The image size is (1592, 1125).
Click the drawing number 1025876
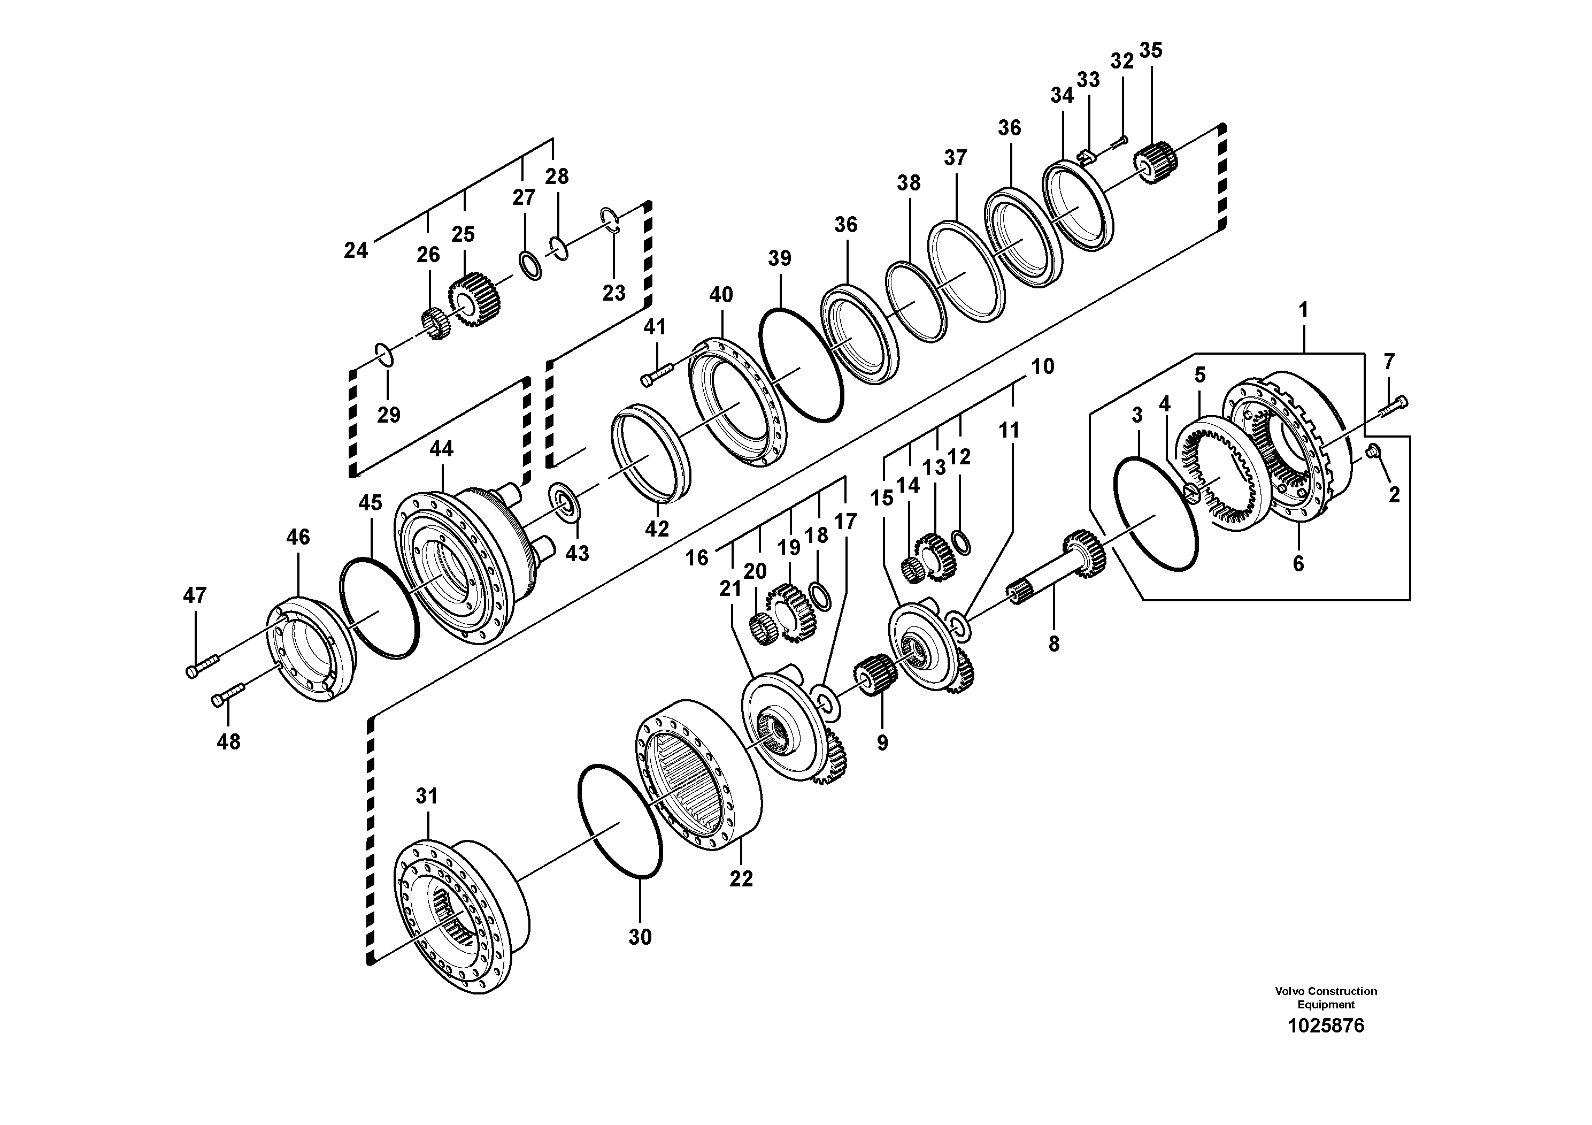[x=1325, y=1026]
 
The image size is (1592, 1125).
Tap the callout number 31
[x=426, y=796]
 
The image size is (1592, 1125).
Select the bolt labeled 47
[x=202, y=666]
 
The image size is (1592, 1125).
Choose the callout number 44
[x=441, y=449]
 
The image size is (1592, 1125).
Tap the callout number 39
[x=779, y=259]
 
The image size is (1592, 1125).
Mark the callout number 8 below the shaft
[x=1053, y=644]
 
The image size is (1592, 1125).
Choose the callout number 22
[x=741, y=879]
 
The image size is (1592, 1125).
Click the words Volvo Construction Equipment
[x=1325, y=997]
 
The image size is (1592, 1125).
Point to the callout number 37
[x=955, y=158]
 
